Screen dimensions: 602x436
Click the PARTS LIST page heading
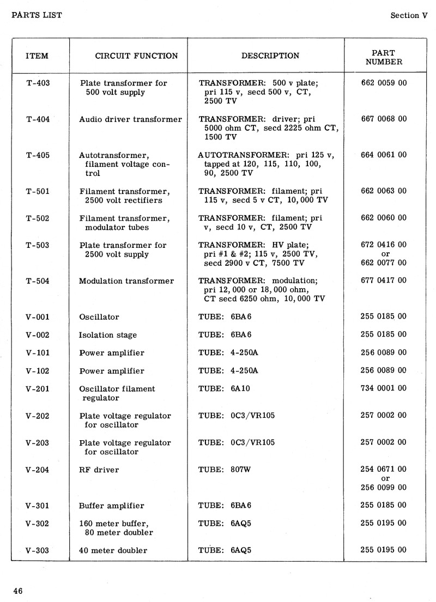click(x=37, y=15)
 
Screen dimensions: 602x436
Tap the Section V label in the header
click(x=409, y=15)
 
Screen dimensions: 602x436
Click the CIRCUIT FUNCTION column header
click(x=136, y=56)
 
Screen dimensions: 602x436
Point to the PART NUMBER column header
click(x=384, y=57)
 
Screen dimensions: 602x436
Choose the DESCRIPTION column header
click(x=270, y=56)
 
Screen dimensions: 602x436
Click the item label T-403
click(x=38, y=83)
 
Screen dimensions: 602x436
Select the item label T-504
click(x=38, y=281)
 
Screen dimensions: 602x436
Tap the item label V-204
click(x=38, y=470)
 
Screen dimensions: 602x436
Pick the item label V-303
click(x=38, y=550)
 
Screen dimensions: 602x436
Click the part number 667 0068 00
click(x=384, y=119)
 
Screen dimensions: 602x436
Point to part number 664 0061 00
click(x=384, y=155)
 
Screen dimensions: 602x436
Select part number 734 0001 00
click(x=384, y=388)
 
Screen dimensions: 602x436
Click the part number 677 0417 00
click(x=384, y=281)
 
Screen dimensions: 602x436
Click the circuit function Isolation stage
click(x=108, y=335)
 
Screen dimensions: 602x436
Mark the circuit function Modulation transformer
click(x=126, y=281)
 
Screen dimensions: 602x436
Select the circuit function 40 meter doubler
click(x=113, y=550)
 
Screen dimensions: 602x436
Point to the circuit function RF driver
click(x=99, y=470)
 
